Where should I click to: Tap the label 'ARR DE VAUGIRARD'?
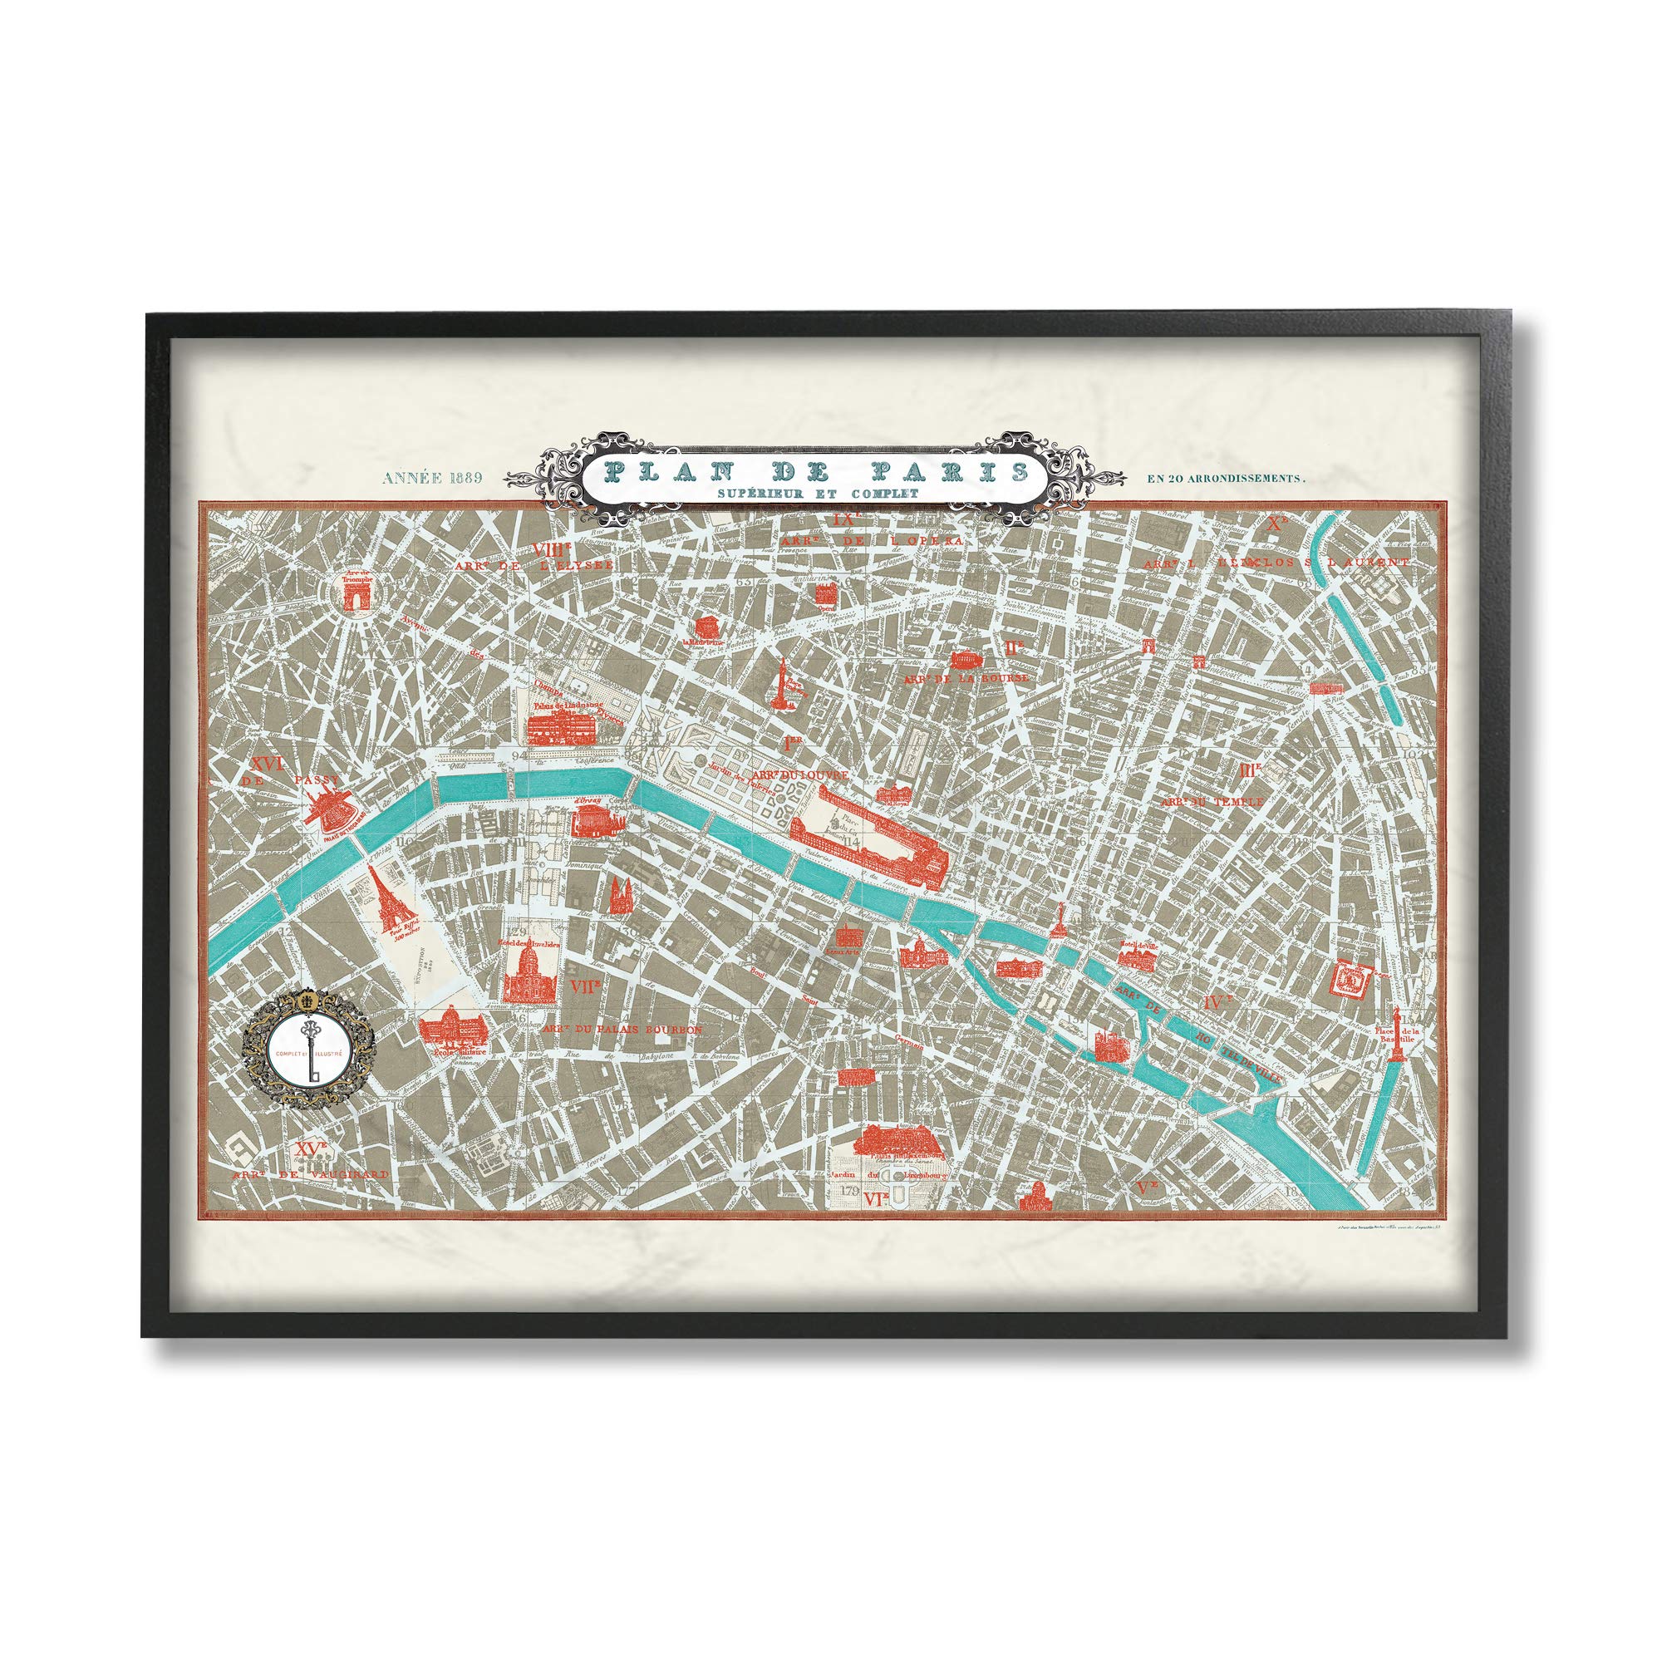click(x=311, y=1173)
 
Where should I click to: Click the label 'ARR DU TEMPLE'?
click(x=1212, y=801)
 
